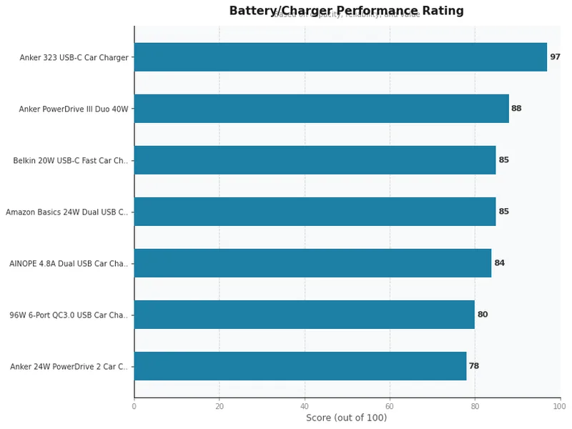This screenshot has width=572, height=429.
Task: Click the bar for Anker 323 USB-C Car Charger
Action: pyautogui.click(x=340, y=57)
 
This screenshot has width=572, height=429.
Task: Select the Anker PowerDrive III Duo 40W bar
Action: pyautogui.click(x=322, y=109)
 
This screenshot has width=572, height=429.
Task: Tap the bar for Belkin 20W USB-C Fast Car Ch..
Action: pyautogui.click(x=315, y=160)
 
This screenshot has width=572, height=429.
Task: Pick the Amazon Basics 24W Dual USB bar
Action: pyautogui.click(x=315, y=212)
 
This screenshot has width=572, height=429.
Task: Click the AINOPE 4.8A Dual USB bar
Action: pyautogui.click(x=312, y=263)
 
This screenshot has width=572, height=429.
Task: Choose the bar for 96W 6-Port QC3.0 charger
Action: pyautogui.click(x=304, y=315)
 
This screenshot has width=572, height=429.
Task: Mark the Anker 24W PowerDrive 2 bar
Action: pyautogui.click(x=300, y=366)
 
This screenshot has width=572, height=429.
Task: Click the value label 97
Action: pyautogui.click(x=555, y=57)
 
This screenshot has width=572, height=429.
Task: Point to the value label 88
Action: pyautogui.click(x=516, y=109)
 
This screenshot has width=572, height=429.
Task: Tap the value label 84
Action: pyautogui.click(x=499, y=263)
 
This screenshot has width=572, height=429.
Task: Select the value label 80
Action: pyautogui.click(x=483, y=315)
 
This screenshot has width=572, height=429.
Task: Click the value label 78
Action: pyautogui.click(x=473, y=366)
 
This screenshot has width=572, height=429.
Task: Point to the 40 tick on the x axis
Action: pyautogui.click(x=305, y=406)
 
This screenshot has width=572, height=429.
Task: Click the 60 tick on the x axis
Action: pyautogui.click(x=390, y=406)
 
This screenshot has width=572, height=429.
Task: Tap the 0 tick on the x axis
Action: pyautogui.click(x=134, y=406)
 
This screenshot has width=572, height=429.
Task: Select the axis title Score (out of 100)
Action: pyautogui.click(x=346, y=418)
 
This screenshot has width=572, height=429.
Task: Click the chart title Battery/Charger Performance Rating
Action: pyautogui.click(x=346, y=11)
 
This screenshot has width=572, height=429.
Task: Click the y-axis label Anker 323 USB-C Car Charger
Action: pyautogui.click(x=74, y=57)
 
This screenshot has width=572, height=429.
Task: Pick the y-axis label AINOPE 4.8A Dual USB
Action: pyautogui.click(x=69, y=264)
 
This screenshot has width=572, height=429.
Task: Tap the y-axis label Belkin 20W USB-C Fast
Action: pyautogui.click(x=71, y=161)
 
